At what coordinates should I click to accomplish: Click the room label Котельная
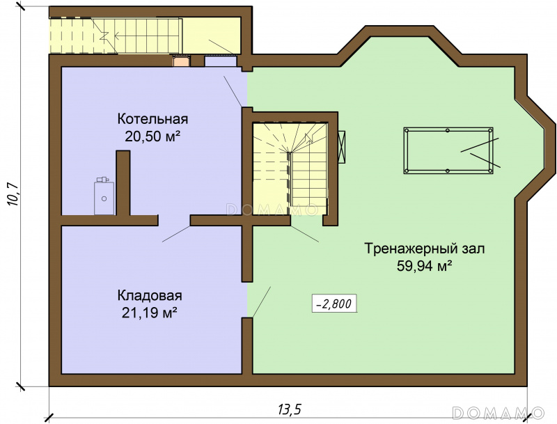pyautogui.click(x=152, y=119)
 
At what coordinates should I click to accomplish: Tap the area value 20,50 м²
pyautogui.click(x=150, y=136)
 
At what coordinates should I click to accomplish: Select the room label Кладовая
pyautogui.click(x=150, y=295)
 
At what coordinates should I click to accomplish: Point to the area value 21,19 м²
pyautogui.click(x=150, y=313)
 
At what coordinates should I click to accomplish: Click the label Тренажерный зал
pyautogui.click(x=425, y=249)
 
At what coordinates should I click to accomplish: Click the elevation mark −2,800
pyautogui.click(x=334, y=304)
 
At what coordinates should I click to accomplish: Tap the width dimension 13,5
pyautogui.click(x=289, y=409)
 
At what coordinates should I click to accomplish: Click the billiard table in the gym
pyautogui.click(x=448, y=150)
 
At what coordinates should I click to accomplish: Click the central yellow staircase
pyautogui.click(x=290, y=168)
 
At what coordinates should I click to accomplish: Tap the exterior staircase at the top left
pyautogui.click(x=116, y=36)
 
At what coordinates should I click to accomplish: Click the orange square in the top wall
pyautogui.click(x=182, y=61)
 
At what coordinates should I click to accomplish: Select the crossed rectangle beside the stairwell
pyautogui.click(x=342, y=147)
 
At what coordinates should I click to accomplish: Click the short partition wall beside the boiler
pyautogui.click(x=123, y=183)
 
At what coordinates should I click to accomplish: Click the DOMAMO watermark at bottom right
pyautogui.click(x=499, y=412)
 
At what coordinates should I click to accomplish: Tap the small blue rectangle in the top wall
pyautogui.click(x=221, y=61)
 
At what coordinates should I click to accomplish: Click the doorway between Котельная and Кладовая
pyautogui.click(x=174, y=220)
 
